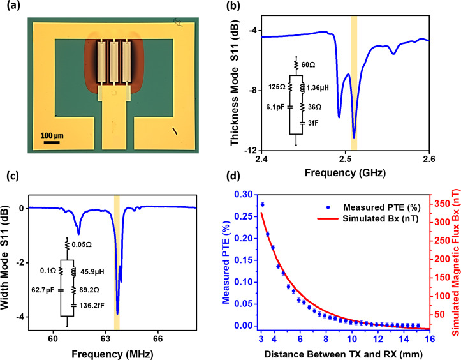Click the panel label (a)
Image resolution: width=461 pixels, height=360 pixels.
click(x=14, y=7)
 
